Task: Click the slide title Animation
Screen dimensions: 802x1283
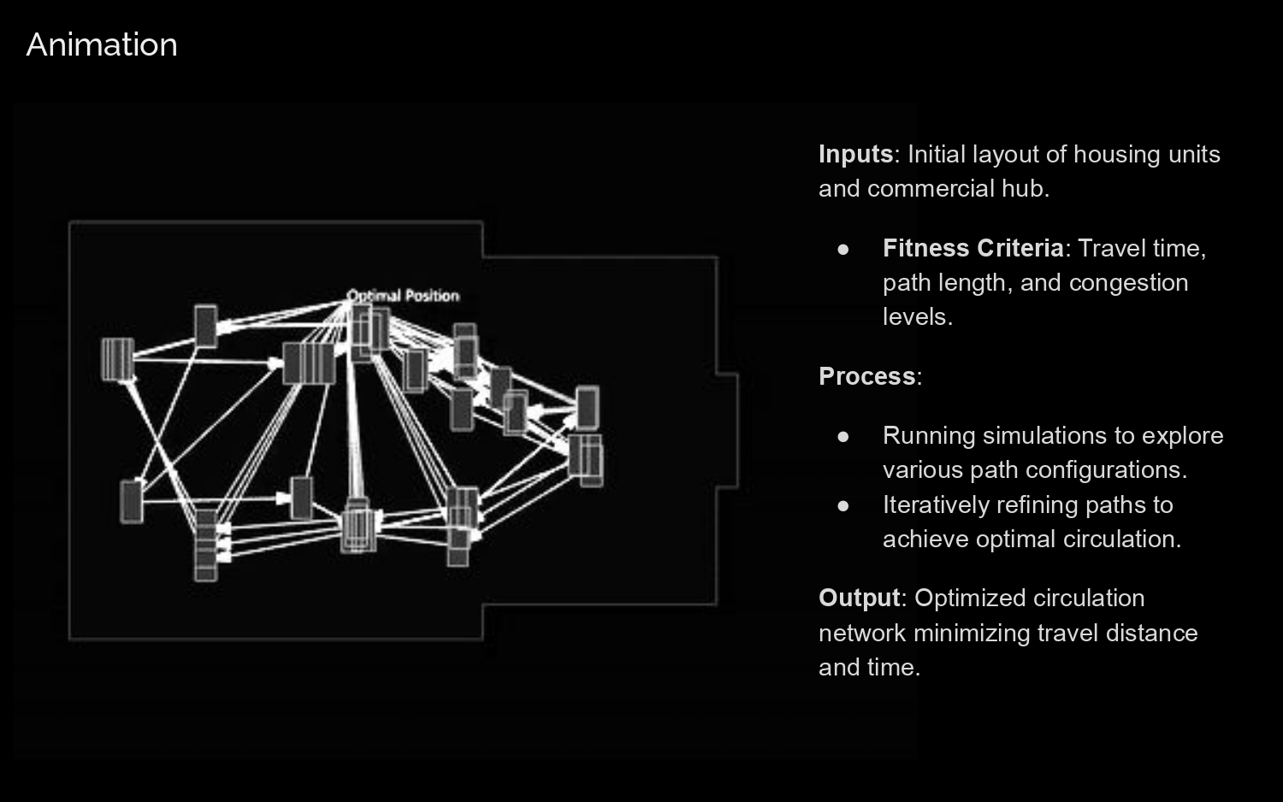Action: tap(102, 44)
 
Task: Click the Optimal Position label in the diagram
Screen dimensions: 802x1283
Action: tap(403, 296)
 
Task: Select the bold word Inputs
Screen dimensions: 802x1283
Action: tap(855, 154)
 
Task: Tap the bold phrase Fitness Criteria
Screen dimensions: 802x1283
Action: tap(973, 248)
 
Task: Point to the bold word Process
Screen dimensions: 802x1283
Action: tap(866, 376)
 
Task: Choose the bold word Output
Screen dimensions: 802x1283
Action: tap(859, 598)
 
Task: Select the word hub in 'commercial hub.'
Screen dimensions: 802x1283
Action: tap(1031, 188)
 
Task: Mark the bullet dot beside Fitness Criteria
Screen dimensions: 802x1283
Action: tap(843, 249)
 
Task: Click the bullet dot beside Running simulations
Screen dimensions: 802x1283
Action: tap(843, 436)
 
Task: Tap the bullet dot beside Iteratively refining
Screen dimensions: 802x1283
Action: tap(843, 505)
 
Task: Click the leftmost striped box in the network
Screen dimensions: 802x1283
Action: tap(117, 358)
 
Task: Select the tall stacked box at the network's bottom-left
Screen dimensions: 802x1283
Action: tap(205, 545)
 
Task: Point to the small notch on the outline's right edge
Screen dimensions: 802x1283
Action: tap(727, 430)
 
